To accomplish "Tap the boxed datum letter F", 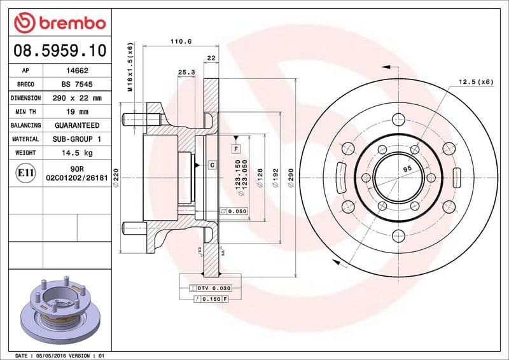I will tap(236, 148).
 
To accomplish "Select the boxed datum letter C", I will tap(211, 165).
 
